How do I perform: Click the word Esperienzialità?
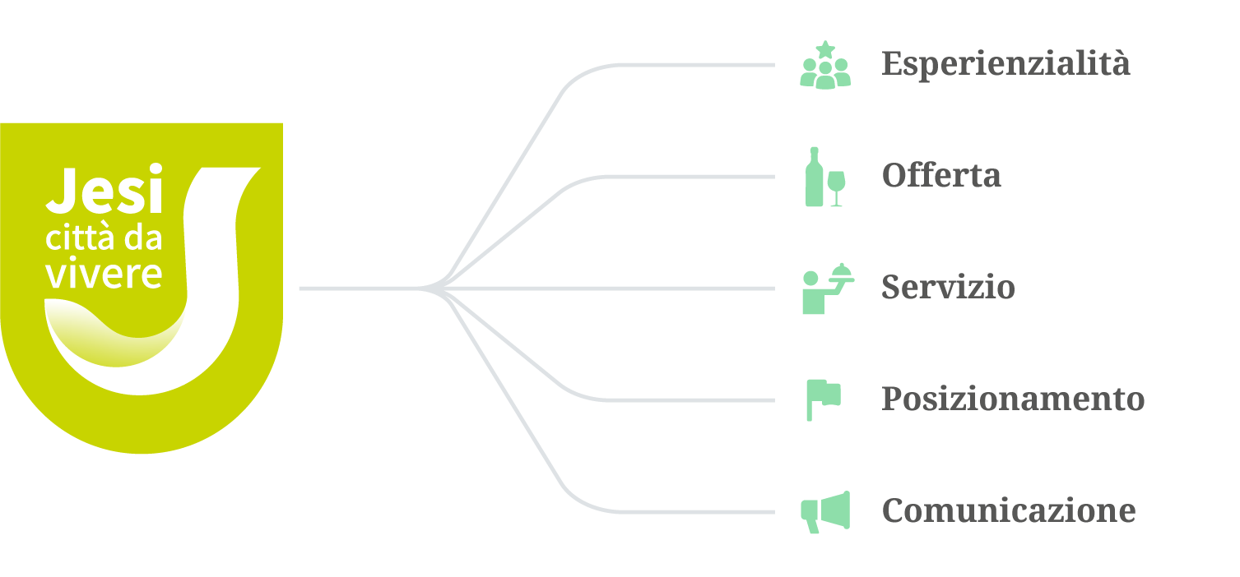coord(1005,63)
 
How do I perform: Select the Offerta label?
coord(941,175)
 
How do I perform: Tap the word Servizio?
coord(948,288)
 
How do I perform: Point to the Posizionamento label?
coord(1013,399)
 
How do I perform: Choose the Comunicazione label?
coord(1009,510)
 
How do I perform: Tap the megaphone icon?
coord(825,511)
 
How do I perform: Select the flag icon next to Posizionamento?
coord(822,399)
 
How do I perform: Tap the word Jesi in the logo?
coord(104,191)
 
